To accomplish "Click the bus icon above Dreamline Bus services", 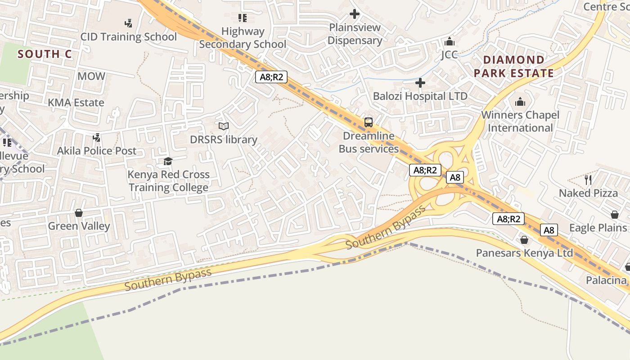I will (x=369, y=122).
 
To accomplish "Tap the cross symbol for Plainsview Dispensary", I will (x=355, y=14).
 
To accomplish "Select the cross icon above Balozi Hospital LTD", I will (x=420, y=83).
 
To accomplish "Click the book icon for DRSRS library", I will (x=224, y=126).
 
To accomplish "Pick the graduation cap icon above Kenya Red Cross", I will (x=168, y=161).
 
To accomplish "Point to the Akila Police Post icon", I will (x=96, y=137).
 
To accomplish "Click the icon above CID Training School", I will (x=128, y=23).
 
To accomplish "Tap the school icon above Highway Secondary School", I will (x=243, y=18).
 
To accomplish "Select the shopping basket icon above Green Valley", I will (x=79, y=212).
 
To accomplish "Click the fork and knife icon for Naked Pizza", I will (x=588, y=180).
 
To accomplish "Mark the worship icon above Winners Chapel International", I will (x=520, y=102).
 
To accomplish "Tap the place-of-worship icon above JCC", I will (x=449, y=42).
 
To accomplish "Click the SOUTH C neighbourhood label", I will (x=45, y=54).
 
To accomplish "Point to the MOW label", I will (x=91, y=76).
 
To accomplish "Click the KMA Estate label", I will (x=76, y=103).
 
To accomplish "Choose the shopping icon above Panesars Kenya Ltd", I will (x=524, y=240).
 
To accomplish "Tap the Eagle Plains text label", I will (x=598, y=228).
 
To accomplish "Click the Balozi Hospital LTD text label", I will (x=420, y=96).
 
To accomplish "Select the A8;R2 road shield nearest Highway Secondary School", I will (x=272, y=77).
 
